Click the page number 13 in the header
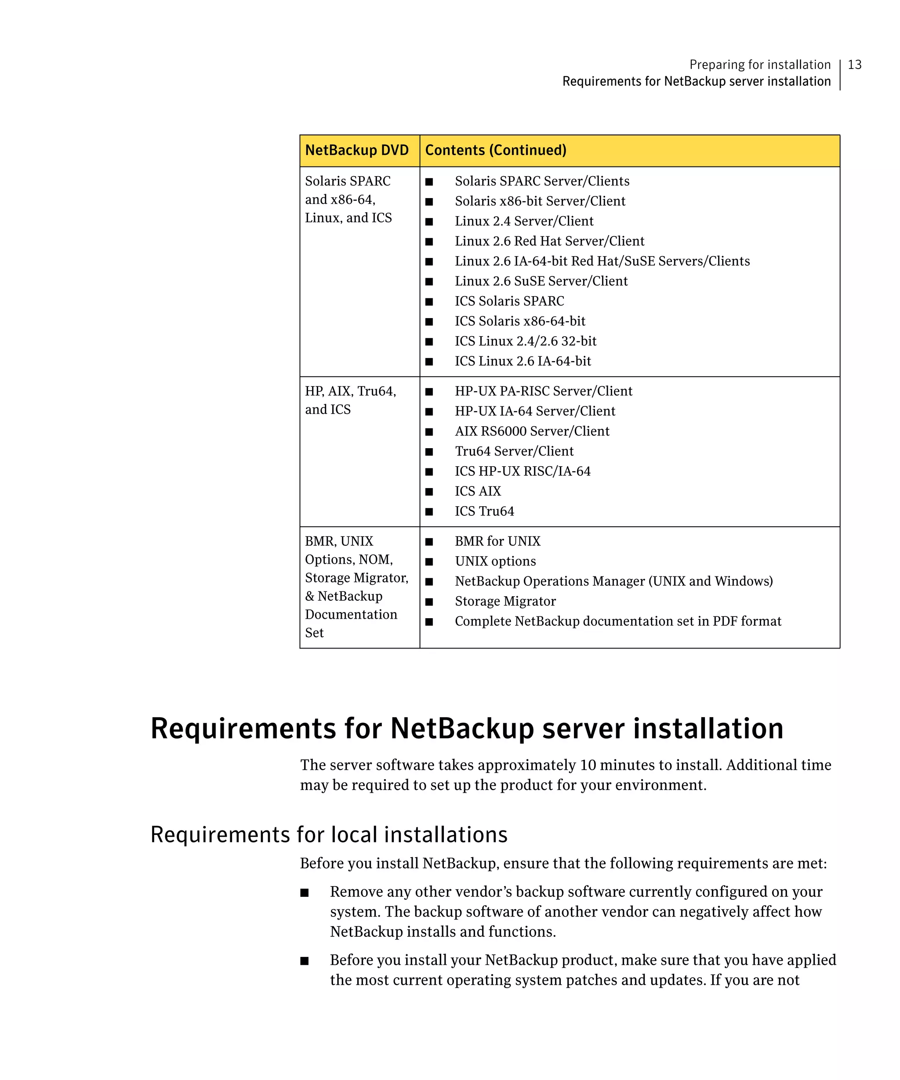[854, 65]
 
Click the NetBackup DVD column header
[356, 150]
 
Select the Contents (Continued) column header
[495, 150]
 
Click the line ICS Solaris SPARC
[509, 301]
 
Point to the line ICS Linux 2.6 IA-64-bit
[523, 361]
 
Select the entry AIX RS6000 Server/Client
[532, 431]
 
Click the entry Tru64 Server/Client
[514, 451]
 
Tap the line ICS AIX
[477, 491]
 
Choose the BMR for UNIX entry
[497, 541]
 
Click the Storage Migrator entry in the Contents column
[505, 601]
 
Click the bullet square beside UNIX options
[429, 562]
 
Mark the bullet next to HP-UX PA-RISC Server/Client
[429, 392]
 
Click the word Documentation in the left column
[351, 615]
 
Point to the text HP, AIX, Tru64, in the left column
[350, 391]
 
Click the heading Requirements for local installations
[329, 834]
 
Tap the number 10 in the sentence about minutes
[588, 765]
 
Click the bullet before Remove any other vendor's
[305, 892]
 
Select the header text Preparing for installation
[760, 65]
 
